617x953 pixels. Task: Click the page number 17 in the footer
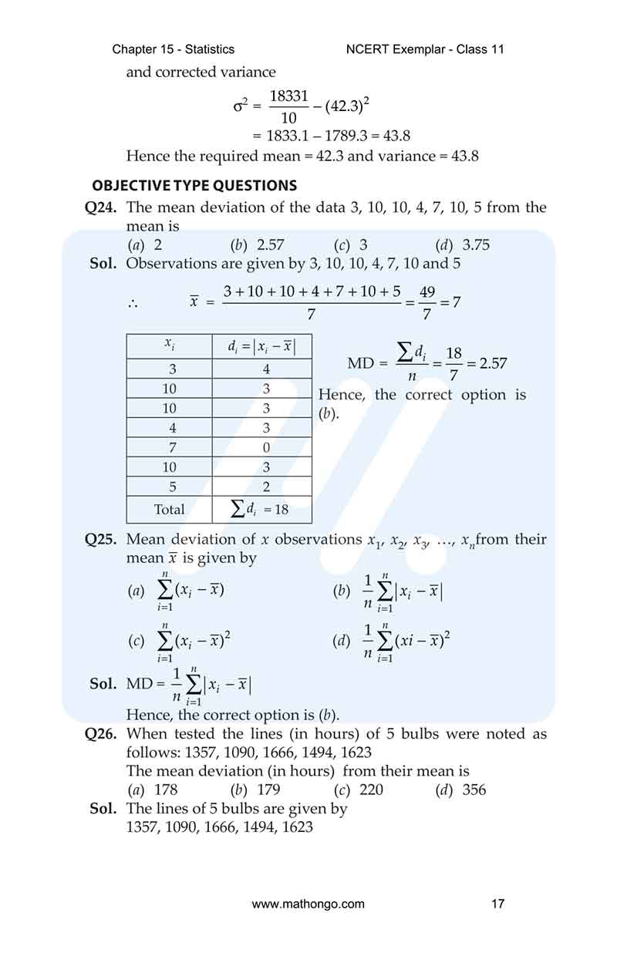(x=497, y=904)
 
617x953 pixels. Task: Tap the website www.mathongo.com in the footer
(x=308, y=904)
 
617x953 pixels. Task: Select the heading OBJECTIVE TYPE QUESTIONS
(x=194, y=186)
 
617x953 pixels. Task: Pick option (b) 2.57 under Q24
(x=258, y=245)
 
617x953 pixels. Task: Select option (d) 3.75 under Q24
(x=463, y=245)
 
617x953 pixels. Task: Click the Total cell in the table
(x=169, y=509)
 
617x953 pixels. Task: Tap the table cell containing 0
(x=265, y=447)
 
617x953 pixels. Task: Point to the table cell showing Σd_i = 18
(x=261, y=509)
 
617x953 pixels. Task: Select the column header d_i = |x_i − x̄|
(x=261, y=347)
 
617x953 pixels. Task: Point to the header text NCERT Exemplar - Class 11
(x=426, y=49)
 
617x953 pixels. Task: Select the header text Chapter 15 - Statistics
(x=174, y=49)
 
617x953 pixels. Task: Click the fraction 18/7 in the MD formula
(x=453, y=363)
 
